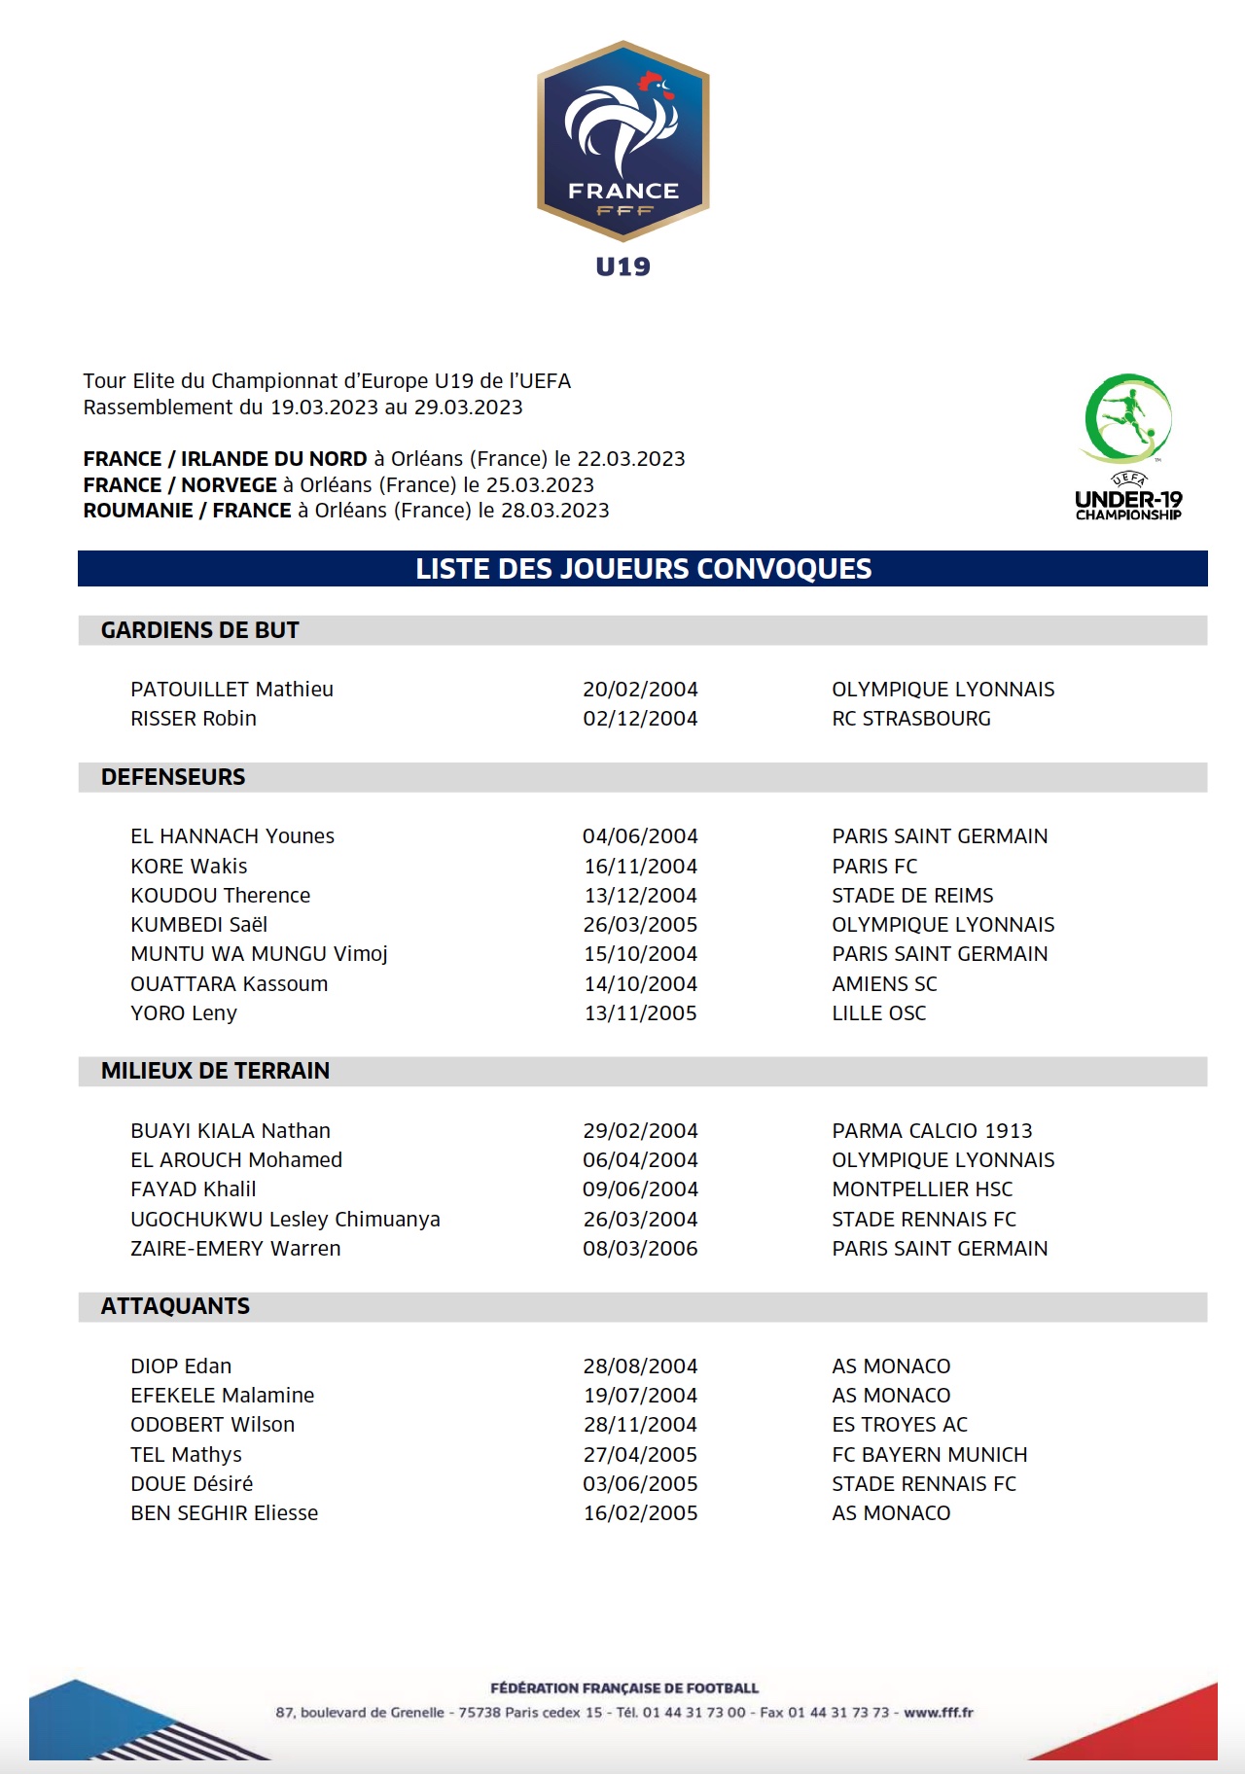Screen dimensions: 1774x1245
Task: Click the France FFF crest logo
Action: [622, 141]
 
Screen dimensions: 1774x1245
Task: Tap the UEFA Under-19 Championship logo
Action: [1128, 446]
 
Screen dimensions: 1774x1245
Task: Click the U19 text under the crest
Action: [622, 266]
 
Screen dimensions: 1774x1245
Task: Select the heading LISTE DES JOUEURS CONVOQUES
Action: [643, 569]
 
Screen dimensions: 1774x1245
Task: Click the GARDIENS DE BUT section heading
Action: [199, 630]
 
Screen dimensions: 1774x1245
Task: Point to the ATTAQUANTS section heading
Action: [175, 1306]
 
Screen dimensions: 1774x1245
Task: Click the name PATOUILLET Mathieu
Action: [231, 690]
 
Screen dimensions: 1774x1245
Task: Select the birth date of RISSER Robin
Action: [640, 719]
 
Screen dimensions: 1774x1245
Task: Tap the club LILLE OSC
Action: [878, 1013]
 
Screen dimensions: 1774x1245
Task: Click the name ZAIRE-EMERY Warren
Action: [235, 1249]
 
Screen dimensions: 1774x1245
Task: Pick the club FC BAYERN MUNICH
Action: [929, 1455]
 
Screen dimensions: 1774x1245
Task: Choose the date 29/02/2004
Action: [640, 1131]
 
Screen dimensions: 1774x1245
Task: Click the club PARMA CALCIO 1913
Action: [932, 1131]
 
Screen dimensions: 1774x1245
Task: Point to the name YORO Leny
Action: [184, 1013]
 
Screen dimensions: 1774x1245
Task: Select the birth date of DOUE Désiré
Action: [640, 1484]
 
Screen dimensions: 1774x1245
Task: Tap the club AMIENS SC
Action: [884, 984]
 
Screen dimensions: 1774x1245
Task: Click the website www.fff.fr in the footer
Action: [939, 1713]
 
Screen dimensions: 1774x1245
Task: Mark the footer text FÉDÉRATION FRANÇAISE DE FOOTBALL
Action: [624, 1688]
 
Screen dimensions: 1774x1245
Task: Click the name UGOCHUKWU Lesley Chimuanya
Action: [285, 1220]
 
